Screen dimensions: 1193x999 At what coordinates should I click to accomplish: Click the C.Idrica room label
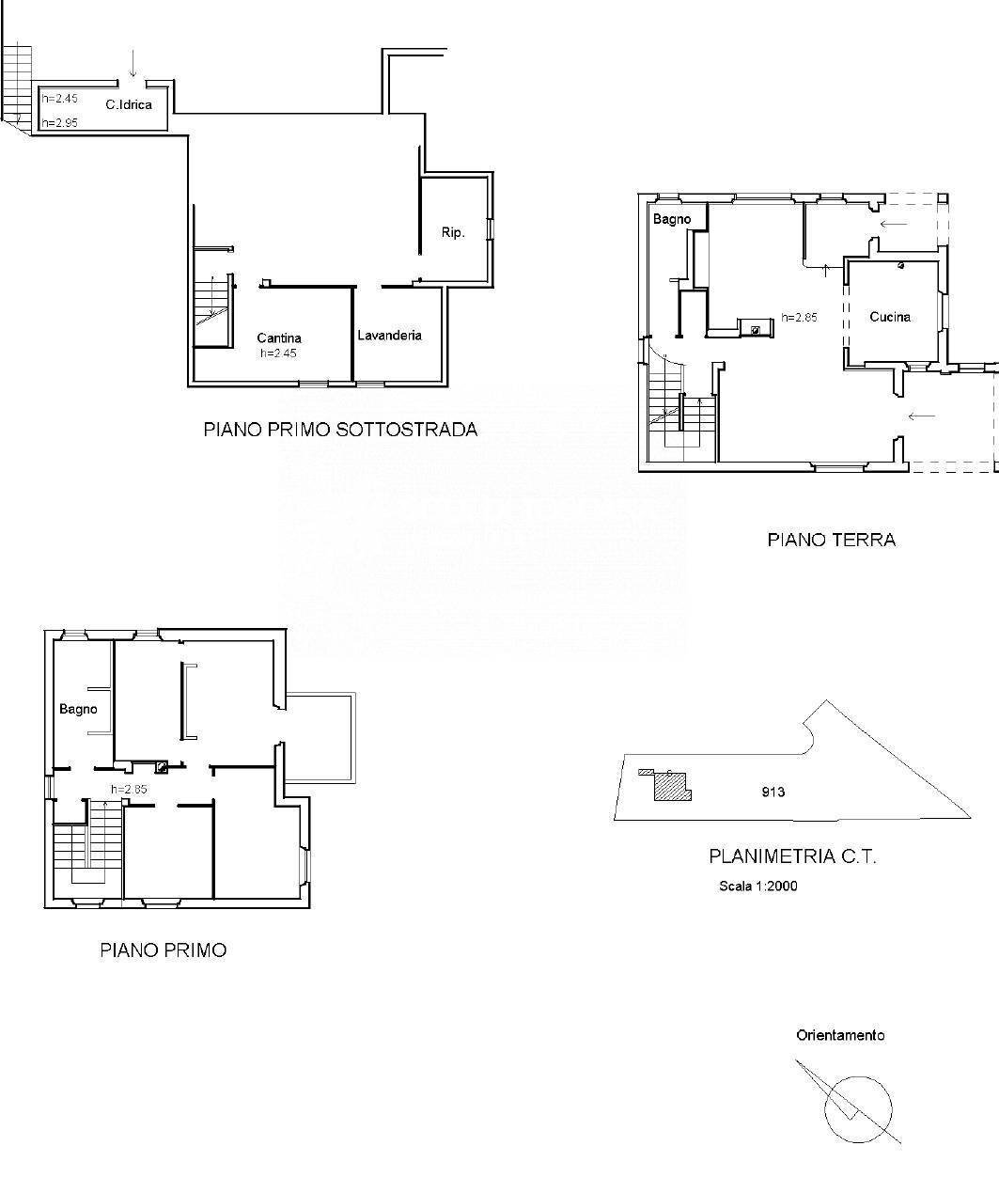click(128, 105)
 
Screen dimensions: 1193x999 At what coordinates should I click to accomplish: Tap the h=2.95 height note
click(58, 123)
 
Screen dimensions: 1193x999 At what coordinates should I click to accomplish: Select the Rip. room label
click(453, 232)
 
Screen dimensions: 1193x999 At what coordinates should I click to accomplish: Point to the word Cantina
click(279, 338)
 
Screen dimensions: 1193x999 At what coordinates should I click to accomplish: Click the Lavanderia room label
click(389, 335)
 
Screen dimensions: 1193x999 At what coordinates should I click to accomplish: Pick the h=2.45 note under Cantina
click(279, 353)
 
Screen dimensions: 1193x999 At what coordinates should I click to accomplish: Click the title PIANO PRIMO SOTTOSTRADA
click(340, 430)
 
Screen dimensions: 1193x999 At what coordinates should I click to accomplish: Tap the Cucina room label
click(889, 317)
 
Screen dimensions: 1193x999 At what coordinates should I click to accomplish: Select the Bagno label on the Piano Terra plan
click(672, 219)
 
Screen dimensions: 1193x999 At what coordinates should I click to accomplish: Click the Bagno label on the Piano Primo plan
click(78, 709)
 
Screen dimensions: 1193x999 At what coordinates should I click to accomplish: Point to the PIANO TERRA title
click(831, 540)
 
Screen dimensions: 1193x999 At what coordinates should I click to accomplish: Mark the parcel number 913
click(773, 792)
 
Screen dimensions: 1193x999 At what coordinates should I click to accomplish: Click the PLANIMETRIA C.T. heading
click(792, 856)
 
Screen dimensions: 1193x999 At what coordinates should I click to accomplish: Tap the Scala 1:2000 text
click(757, 886)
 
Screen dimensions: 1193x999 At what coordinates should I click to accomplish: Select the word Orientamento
click(840, 1035)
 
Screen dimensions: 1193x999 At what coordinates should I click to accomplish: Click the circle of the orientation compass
click(857, 1107)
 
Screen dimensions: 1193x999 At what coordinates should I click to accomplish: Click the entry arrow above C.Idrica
click(133, 64)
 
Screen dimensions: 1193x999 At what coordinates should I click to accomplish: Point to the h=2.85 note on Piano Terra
click(799, 318)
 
